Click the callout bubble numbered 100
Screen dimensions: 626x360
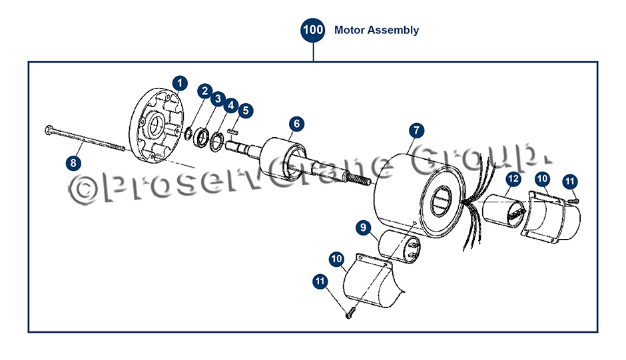pyautogui.click(x=313, y=30)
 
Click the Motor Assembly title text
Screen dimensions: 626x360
pyautogui.click(x=376, y=30)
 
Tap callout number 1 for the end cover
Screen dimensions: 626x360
pyautogui.click(x=180, y=83)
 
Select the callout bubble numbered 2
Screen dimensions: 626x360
pyautogui.click(x=205, y=91)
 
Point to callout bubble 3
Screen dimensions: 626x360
pyautogui.click(x=218, y=98)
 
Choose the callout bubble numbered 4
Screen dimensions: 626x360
pyautogui.click(x=231, y=106)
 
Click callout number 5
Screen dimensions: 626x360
pyautogui.click(x=246, y=110)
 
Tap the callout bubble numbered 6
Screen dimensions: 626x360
pyautogui.click(x=296, y=124)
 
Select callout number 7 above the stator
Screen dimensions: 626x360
pyautogui.click(x=416, y=130)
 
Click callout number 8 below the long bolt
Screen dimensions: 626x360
pyautogui.click(x=73, y=163)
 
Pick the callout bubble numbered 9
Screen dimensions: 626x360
pyautogui.click(x=364, y=228)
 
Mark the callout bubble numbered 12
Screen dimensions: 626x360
pyautogui.click(x=513, y=179)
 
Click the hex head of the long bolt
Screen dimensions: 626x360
pyautogui.click(x=49, y=130)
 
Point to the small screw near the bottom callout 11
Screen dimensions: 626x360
pyautogui.click(x=350, y=313)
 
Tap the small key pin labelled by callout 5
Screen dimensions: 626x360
pyautogui.click(x=233, y=130)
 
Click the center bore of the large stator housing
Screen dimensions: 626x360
pyautogui.click(x=440, y=202)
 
